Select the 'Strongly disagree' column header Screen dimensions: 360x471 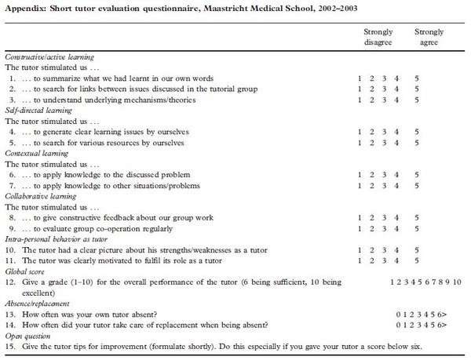click(x=371, y=38)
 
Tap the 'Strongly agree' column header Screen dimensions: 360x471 click(x=428, y=38)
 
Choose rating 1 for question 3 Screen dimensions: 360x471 click(x=359, y=100)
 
